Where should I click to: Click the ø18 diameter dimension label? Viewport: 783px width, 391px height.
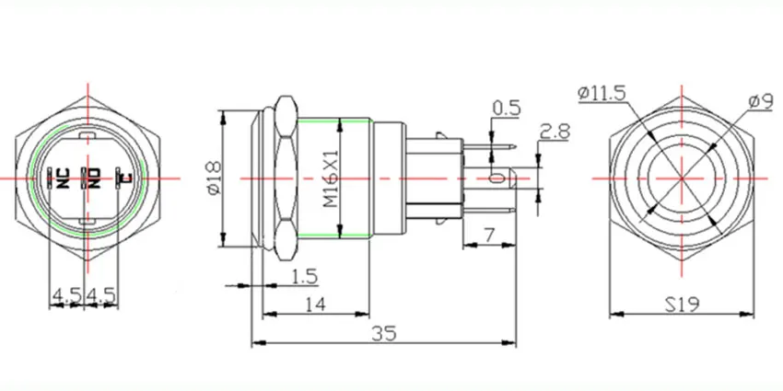[213, 178]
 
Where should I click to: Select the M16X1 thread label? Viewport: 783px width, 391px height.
[329, 178]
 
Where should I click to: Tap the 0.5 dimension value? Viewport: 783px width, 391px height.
[508, 109]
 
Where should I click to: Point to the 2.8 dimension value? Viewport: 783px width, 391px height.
[555, 131]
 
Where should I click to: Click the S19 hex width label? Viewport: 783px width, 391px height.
[682, 301]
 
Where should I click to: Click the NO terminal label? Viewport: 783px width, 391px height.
[92, 177]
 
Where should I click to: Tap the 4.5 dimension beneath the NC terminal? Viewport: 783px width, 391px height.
[65, 294]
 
